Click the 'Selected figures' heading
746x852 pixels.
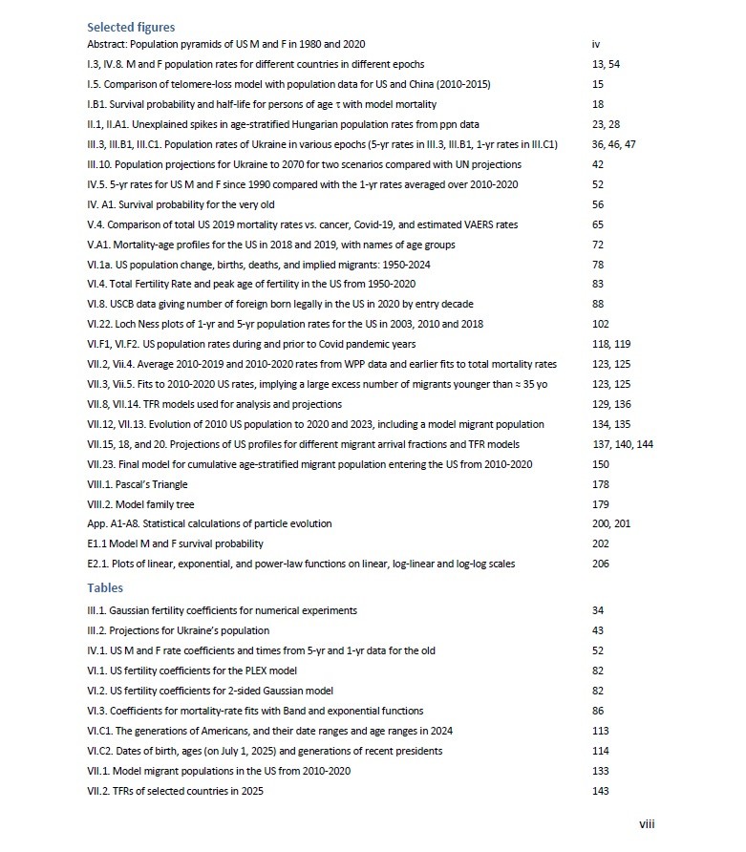click(x=131, y=28)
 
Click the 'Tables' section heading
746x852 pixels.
click(x=105, y=587)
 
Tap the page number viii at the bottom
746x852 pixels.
click(x=647, y=824)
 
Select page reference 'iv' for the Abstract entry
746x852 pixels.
click(x=597, y=45)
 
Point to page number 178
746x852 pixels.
click(x=601, y=484)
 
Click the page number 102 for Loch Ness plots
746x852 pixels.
click(x=601, y=324)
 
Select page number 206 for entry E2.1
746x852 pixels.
click(x=601, y=564)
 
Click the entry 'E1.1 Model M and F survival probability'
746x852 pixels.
click(x=171, y=544)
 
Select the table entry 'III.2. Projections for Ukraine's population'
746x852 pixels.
click(x=179, y=630)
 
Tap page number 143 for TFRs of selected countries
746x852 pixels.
click(x=601, y=791)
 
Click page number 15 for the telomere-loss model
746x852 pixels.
click(x=598, y=84)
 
